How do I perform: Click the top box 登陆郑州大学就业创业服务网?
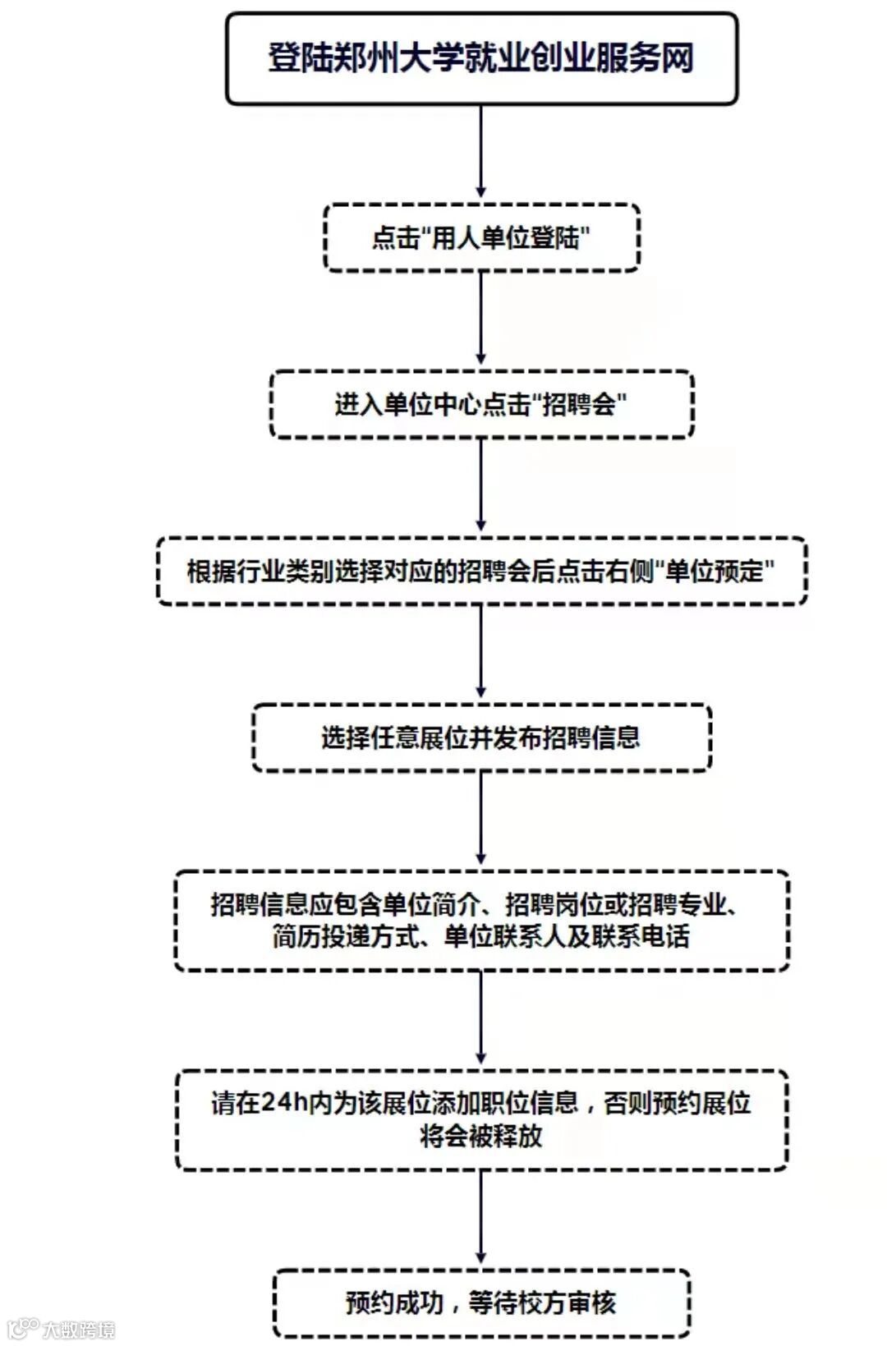481,58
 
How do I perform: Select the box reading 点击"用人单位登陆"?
481,238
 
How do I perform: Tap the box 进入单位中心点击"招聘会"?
481,404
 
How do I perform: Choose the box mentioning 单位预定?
481,572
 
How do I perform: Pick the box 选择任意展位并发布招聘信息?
481,737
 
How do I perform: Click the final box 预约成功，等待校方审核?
481,1302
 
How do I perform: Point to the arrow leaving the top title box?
481,153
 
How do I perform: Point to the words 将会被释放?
481,1136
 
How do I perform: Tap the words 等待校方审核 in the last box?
542,1302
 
